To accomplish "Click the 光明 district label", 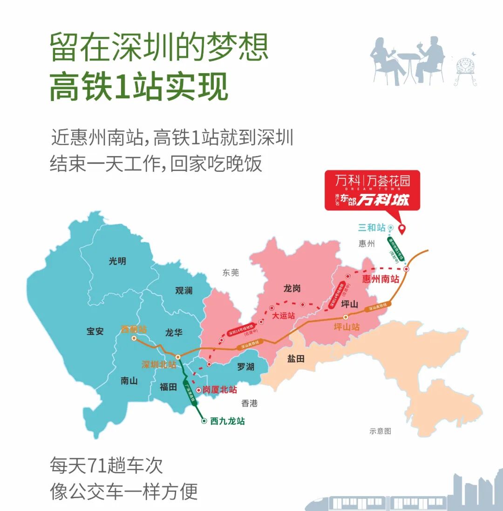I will [x=117, y=261].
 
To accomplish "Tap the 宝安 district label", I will [x=95, y=332].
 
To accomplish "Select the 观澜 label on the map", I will [x=184, y=291].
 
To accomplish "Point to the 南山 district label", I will [x=129, y=381].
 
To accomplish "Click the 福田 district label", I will [x=168, y=386].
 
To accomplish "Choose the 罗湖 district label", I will [x=245, y=367].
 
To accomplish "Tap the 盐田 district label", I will [x=296, y=359].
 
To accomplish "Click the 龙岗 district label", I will [x=292, y=289].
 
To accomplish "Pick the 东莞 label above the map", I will [x=231, y=273].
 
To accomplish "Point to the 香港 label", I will [x=250, y=403].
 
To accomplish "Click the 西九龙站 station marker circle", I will [x=204, y=421].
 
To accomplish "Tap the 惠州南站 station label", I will [x=381, y=279].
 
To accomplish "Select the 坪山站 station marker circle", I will [x=346, y=317].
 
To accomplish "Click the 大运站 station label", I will [x=284, y=315].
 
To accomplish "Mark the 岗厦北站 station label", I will [x=219, y=390].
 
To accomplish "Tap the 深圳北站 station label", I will [x=159, y=364].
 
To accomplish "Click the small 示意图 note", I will [x=380, y=431].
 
